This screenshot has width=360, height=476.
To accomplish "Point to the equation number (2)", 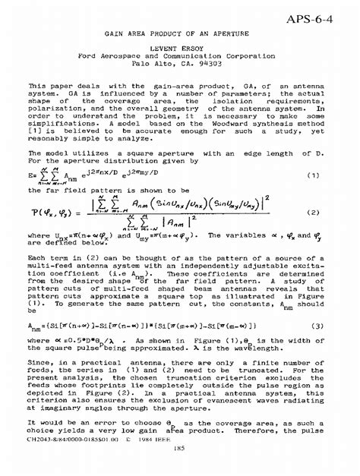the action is pos(311,213).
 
